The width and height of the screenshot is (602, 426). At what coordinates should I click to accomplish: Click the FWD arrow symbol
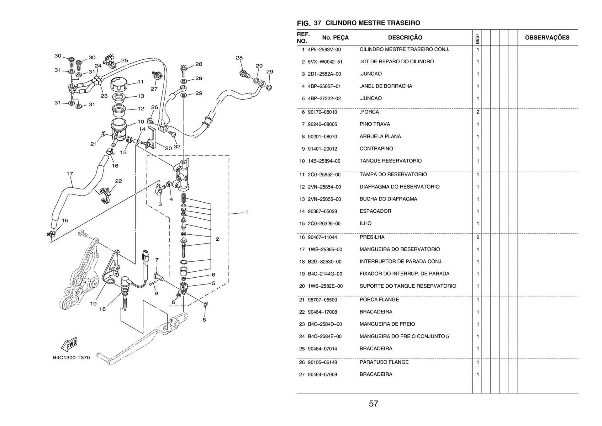point(69,344)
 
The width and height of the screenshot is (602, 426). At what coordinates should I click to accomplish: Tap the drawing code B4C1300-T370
point(71,358)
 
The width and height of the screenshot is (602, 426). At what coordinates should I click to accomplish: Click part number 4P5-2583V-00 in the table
point(324,50)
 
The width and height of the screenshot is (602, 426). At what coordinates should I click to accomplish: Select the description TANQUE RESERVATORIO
point(390,161)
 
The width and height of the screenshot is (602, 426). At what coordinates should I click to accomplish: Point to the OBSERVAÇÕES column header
point(547,38)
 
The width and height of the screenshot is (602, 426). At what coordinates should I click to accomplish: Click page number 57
point(373,403)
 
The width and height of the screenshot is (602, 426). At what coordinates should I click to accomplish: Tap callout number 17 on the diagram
point(70,173)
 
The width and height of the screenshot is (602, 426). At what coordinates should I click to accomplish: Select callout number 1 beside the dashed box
point(247,212)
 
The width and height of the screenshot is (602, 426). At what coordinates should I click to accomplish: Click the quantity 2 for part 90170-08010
point(478,112)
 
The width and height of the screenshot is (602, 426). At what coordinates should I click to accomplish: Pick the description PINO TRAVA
point(375,124)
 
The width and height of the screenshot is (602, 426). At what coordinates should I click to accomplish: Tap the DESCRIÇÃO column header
point(405,38)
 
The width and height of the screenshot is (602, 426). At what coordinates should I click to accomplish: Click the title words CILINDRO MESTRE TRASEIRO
point(372,23)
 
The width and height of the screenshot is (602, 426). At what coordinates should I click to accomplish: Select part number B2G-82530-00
point(325,262)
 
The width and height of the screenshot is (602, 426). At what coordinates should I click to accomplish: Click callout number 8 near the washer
point(204,320)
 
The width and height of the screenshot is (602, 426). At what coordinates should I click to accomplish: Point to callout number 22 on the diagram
point(119,181)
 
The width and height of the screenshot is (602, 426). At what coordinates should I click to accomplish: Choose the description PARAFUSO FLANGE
point(384,362)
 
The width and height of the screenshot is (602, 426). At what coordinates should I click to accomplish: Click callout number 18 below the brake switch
point(102,309)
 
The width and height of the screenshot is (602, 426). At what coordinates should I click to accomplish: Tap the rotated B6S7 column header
point(477,39)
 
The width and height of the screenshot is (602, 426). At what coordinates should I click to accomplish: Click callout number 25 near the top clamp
point(124,61)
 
